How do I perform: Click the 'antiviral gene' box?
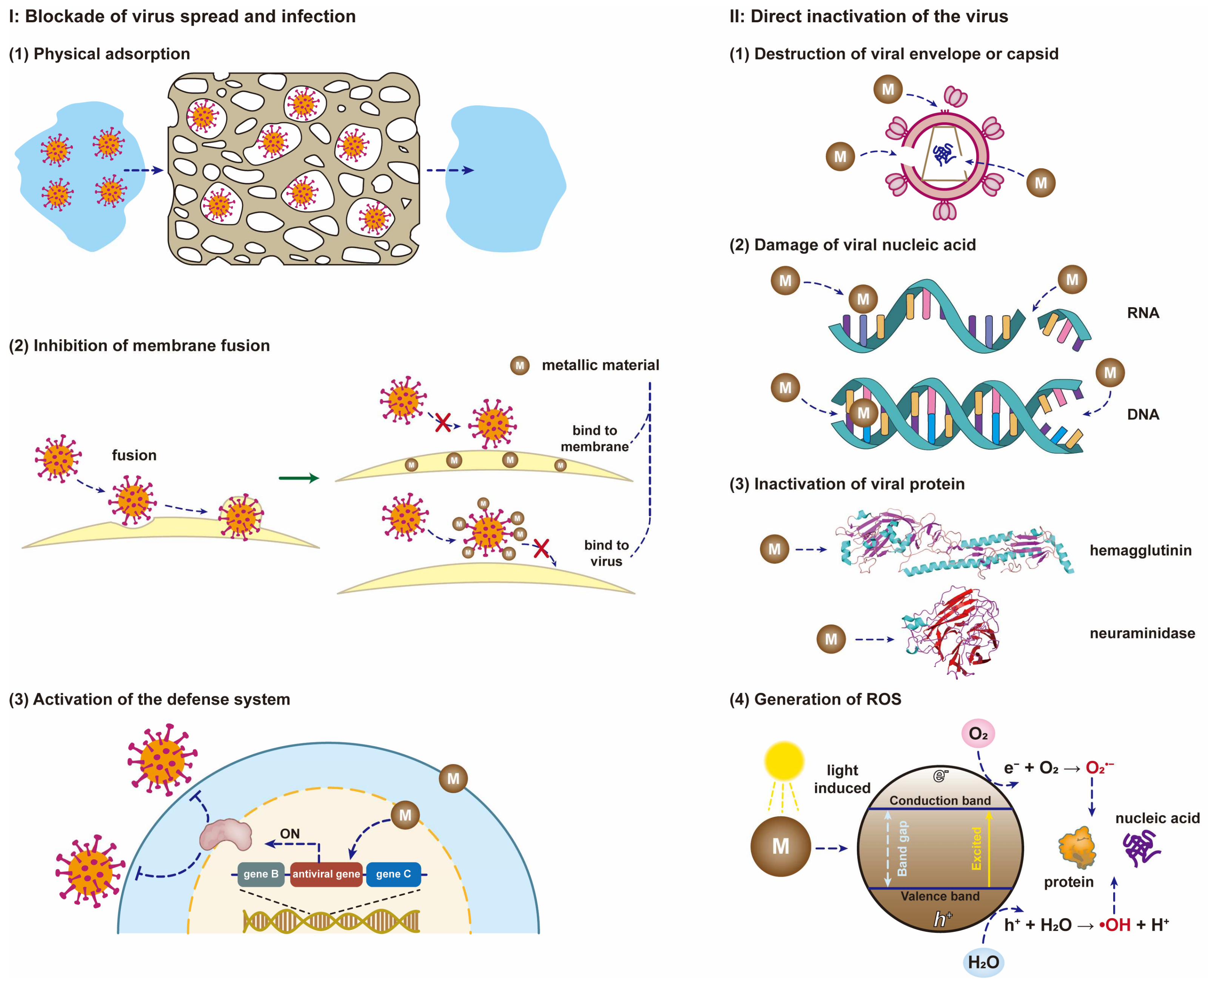point(326,874)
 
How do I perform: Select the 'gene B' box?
point(261,874)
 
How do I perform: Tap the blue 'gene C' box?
point(393,874)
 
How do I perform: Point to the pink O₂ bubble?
point(978,734)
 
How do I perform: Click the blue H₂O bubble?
point(983,962)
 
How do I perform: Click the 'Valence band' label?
point(940,896)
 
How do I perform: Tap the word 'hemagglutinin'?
point(1140,550)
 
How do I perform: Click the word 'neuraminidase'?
point(1142,633)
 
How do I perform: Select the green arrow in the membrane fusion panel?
point(299,479)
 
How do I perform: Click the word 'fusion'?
point(134,456)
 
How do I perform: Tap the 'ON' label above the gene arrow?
point(290,834)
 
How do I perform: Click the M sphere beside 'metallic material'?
point(519,365)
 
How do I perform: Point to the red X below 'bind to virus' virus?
point(541,548)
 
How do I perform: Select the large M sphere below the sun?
point(780,846)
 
